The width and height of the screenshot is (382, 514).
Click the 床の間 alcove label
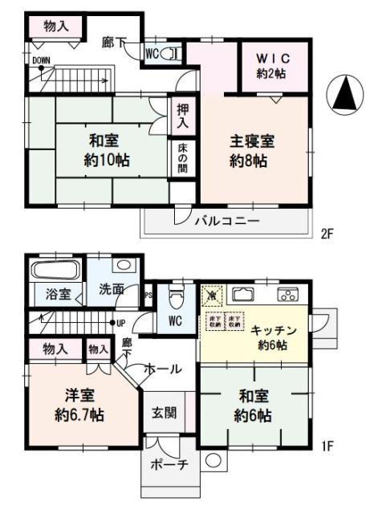tap(182, 159)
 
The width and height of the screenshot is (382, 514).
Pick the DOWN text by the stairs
tap(40, 60)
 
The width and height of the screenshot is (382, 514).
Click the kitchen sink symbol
tap(244, 294)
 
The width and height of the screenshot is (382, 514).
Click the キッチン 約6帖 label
tap(274, 337)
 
